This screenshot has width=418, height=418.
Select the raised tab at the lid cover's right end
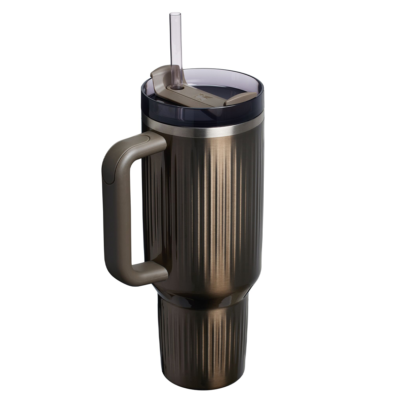click(233, 102)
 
